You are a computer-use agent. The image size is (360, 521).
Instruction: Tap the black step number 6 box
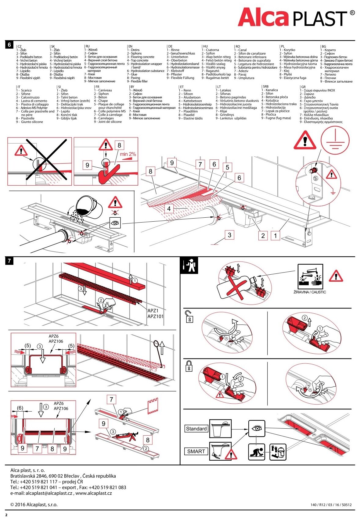click(x=9, y=45)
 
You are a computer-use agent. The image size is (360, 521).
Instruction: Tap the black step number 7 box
click(x=9, y=261)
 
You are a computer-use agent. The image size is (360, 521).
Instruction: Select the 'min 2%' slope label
click(x=128, y=154)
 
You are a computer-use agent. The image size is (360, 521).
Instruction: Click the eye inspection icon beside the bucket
click(x=115, y=223)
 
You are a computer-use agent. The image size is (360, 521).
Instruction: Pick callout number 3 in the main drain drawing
click(x=229, y=235)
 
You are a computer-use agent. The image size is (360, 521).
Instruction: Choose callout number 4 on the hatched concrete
click(x=169, y=209)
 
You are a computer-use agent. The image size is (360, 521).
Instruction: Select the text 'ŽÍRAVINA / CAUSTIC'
click(x=310, y=292)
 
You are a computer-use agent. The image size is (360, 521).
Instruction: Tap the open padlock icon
click(x=189, y=316)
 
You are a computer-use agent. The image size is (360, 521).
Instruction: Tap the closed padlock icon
click(x=189, y=366)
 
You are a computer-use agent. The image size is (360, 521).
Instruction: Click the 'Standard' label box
click(x=196, y=429)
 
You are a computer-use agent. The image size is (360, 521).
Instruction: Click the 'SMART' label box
click(x=196, y=451)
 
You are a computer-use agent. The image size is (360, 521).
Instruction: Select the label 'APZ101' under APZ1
click(x=155, y=316)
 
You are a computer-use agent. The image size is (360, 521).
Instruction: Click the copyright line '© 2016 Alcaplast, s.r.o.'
click(x=34, y=505)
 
